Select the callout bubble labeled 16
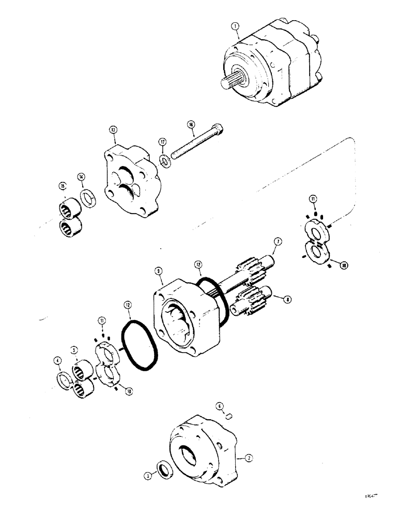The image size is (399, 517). [x=191, y=125]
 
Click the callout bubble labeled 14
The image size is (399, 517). [x=80, y=177]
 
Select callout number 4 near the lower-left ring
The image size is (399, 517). [x=57, y=360]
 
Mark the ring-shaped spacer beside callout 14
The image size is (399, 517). [x=88, y=199]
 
